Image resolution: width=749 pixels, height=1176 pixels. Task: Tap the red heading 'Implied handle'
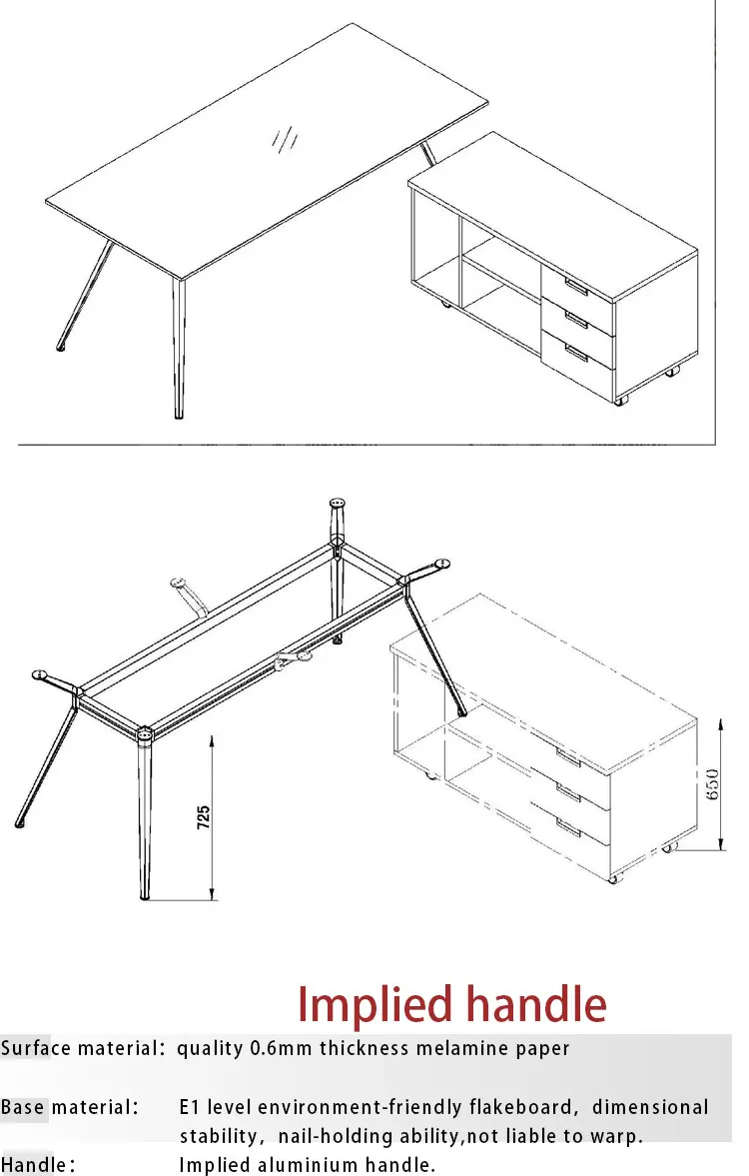pos(451,1004)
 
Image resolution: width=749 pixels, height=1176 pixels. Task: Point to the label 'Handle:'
pos(38,1165)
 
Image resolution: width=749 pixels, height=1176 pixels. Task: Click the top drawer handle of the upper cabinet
pos(577,288)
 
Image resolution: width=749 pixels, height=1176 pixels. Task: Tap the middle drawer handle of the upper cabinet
pos(577,319)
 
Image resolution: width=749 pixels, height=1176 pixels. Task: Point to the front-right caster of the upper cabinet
pos(622,400)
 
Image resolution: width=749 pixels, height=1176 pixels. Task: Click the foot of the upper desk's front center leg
pos(179,415)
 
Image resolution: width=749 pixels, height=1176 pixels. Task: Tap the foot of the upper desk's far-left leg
pos(62,347)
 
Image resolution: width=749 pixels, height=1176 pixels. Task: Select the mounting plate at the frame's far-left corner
pos(43,675)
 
